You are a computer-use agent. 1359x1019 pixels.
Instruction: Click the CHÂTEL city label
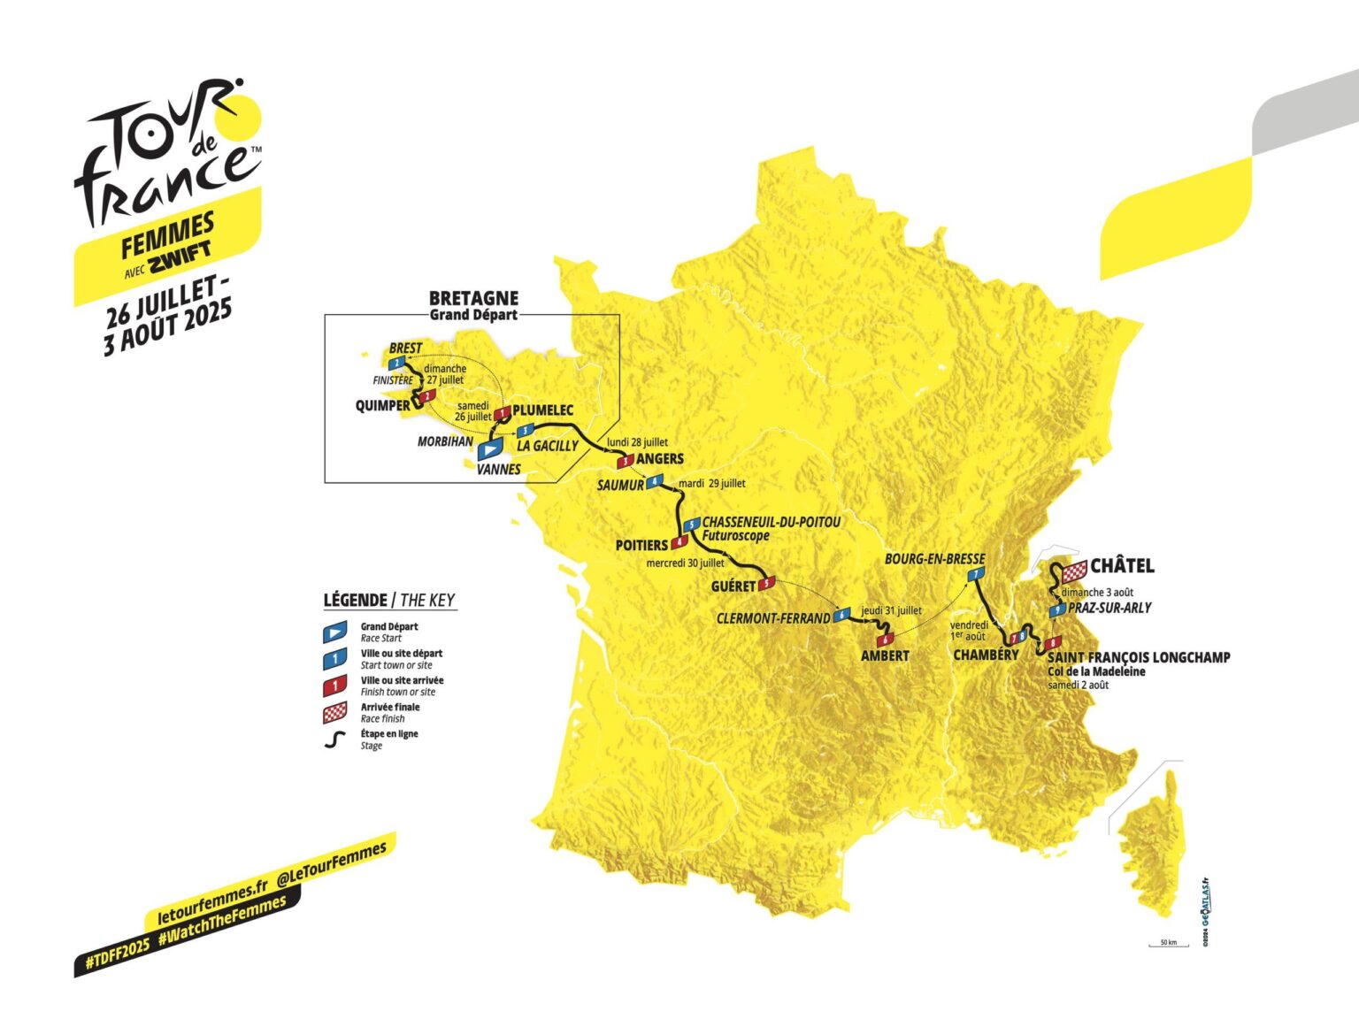click(1122, 566)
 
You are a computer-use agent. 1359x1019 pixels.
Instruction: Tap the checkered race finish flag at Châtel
click(1075, 571)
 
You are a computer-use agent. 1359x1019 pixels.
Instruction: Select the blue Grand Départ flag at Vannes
click(489, 450)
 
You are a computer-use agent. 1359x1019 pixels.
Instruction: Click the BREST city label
click(405, 348)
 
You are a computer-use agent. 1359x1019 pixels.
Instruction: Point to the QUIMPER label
click(382, 406)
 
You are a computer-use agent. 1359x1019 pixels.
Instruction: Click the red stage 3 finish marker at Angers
click(626, 461)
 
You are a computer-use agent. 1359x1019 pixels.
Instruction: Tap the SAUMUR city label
click(620, 486)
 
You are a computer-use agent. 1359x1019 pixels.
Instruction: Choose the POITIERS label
click(641, 545)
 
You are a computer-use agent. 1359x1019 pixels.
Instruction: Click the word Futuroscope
click(735, 536)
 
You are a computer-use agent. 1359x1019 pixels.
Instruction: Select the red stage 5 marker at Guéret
click(767, 583)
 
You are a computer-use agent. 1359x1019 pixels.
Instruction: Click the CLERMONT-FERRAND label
click(773, 618)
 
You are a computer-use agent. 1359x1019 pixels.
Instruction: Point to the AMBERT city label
click(885, 655)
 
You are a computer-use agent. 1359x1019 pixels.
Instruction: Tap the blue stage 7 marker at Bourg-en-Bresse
click(975, 575)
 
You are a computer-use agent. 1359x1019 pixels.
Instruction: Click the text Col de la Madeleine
click(1096, 671)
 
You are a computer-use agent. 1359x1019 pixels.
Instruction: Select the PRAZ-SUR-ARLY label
click(1109, 608)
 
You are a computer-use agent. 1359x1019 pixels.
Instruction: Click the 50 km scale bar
click(1168, 945)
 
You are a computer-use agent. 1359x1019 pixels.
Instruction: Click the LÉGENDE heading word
click(355, 600)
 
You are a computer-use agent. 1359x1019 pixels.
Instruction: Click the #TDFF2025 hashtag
click(117, 958)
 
